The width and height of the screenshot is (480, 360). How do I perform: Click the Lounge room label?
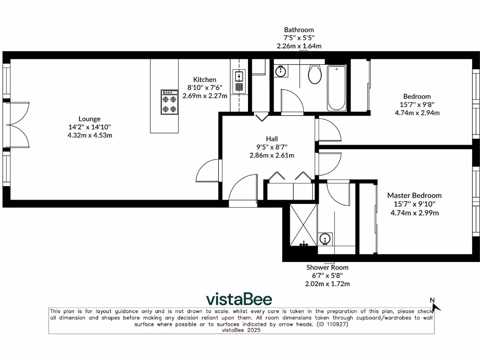89,119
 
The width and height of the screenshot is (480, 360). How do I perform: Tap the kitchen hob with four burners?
169,102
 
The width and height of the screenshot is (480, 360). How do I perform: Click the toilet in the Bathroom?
315,74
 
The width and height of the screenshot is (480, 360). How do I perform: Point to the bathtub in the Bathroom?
337,88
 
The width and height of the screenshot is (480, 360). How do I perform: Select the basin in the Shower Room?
325,240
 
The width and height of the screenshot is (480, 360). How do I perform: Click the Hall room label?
272,139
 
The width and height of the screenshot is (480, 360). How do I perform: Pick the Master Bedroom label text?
414,195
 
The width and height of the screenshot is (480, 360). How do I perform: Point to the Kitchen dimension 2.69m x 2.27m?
205,96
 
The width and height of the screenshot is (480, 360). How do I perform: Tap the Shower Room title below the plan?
327,267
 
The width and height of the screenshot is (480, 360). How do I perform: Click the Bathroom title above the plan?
299,30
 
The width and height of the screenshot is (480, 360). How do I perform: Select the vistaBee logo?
239,299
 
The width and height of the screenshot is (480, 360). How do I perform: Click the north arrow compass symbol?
435,305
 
